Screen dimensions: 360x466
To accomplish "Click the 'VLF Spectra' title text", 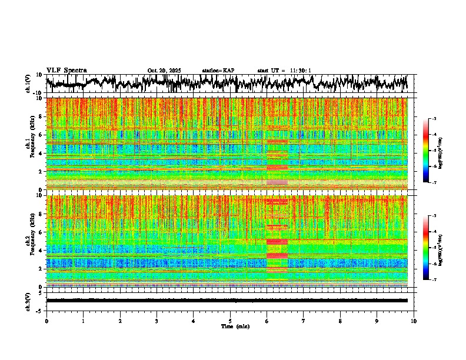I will point(66,70).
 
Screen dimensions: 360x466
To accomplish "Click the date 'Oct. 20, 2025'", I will point(164,71).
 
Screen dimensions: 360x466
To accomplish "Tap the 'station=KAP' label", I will point(218,71).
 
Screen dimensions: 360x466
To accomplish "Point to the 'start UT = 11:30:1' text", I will point(284,71).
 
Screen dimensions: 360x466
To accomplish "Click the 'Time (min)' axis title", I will point(230,326).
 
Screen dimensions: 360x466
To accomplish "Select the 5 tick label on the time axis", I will point(230,321).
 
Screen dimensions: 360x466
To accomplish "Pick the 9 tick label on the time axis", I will point(377,321).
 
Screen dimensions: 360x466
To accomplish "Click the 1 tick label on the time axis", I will point(83,321).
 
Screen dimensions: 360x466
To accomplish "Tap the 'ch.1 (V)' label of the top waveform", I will point(28,84).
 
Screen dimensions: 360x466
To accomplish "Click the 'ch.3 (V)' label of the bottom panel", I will point(28,300).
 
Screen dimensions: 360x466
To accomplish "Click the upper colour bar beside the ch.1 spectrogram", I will point(432,151).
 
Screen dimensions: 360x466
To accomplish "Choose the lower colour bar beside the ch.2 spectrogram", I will point(432,248).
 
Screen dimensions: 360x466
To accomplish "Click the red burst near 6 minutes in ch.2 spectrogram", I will point(277,241).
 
